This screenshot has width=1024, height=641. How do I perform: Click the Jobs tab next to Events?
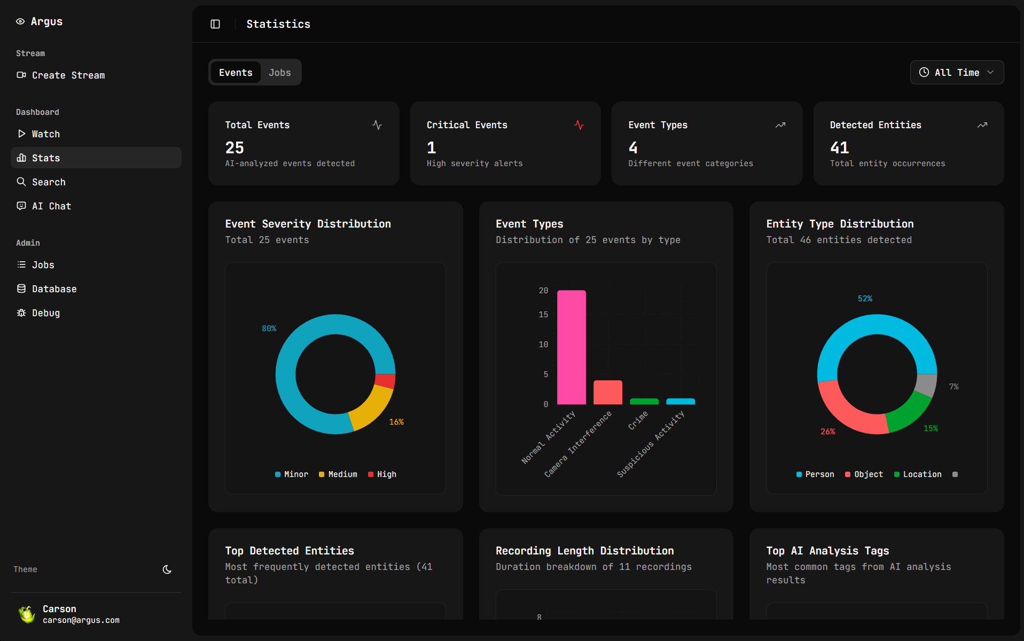click(x=279, y=73)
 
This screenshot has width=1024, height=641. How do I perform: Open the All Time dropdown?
click(x=956, y=73)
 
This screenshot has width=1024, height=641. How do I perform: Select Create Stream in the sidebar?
click(x=68, y=75)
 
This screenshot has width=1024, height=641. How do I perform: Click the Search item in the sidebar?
click(x=48, y=182)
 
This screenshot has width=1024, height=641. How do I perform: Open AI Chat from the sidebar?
click(x=51, y=206)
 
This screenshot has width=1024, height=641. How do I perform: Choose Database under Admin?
click(x=54, y=289)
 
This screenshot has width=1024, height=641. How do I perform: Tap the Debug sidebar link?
click(x=45, y=313)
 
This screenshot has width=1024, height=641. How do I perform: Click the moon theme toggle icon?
click(x=167, y=569)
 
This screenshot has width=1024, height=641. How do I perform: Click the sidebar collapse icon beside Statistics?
click(x=215, y=24)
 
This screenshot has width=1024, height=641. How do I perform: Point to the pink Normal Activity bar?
click(x=571, y=347)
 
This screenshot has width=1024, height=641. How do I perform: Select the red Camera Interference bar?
click(x=607, y=392)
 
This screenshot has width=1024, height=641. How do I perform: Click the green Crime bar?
click(x=644, y=401)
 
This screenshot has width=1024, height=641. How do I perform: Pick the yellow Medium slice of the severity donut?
click(x=371, y=408)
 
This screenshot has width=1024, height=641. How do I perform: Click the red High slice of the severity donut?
click(x=385, y=381)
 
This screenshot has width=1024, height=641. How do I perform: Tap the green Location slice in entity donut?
click(x=909, y=412)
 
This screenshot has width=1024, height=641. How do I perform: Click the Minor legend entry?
click(x=292, y=474)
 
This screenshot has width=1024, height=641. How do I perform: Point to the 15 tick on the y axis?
click(x=543, y=315)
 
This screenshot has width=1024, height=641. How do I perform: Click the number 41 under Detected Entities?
click(x=839, y=147)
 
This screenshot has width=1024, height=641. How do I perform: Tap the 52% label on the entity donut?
click(x=865, y=299)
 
